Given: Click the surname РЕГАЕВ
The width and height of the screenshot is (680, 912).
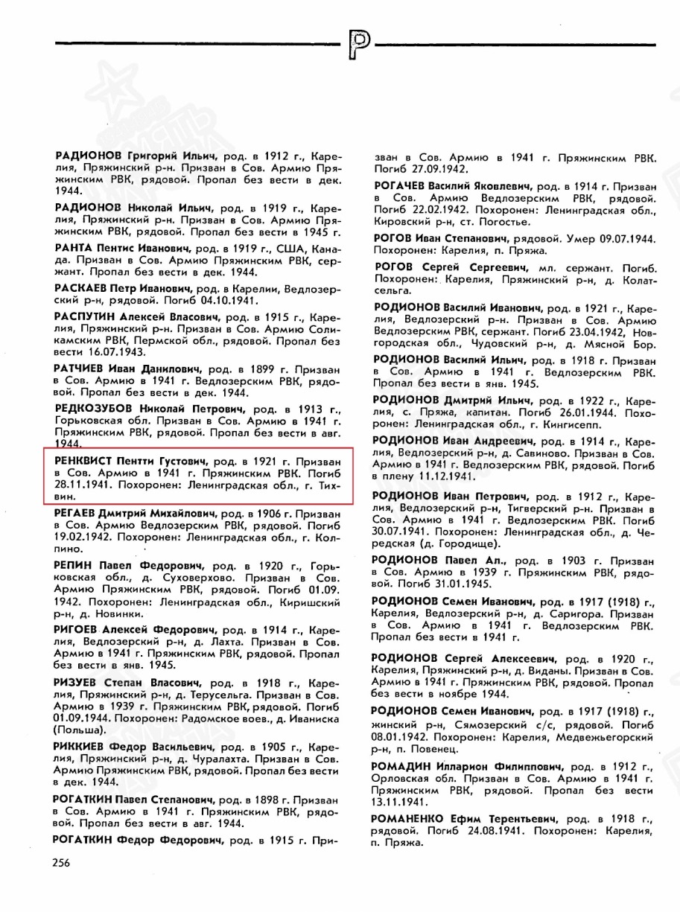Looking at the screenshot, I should [x=77, y=514].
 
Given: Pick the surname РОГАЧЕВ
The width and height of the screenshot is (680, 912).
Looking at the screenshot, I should [x=401, y=184].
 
